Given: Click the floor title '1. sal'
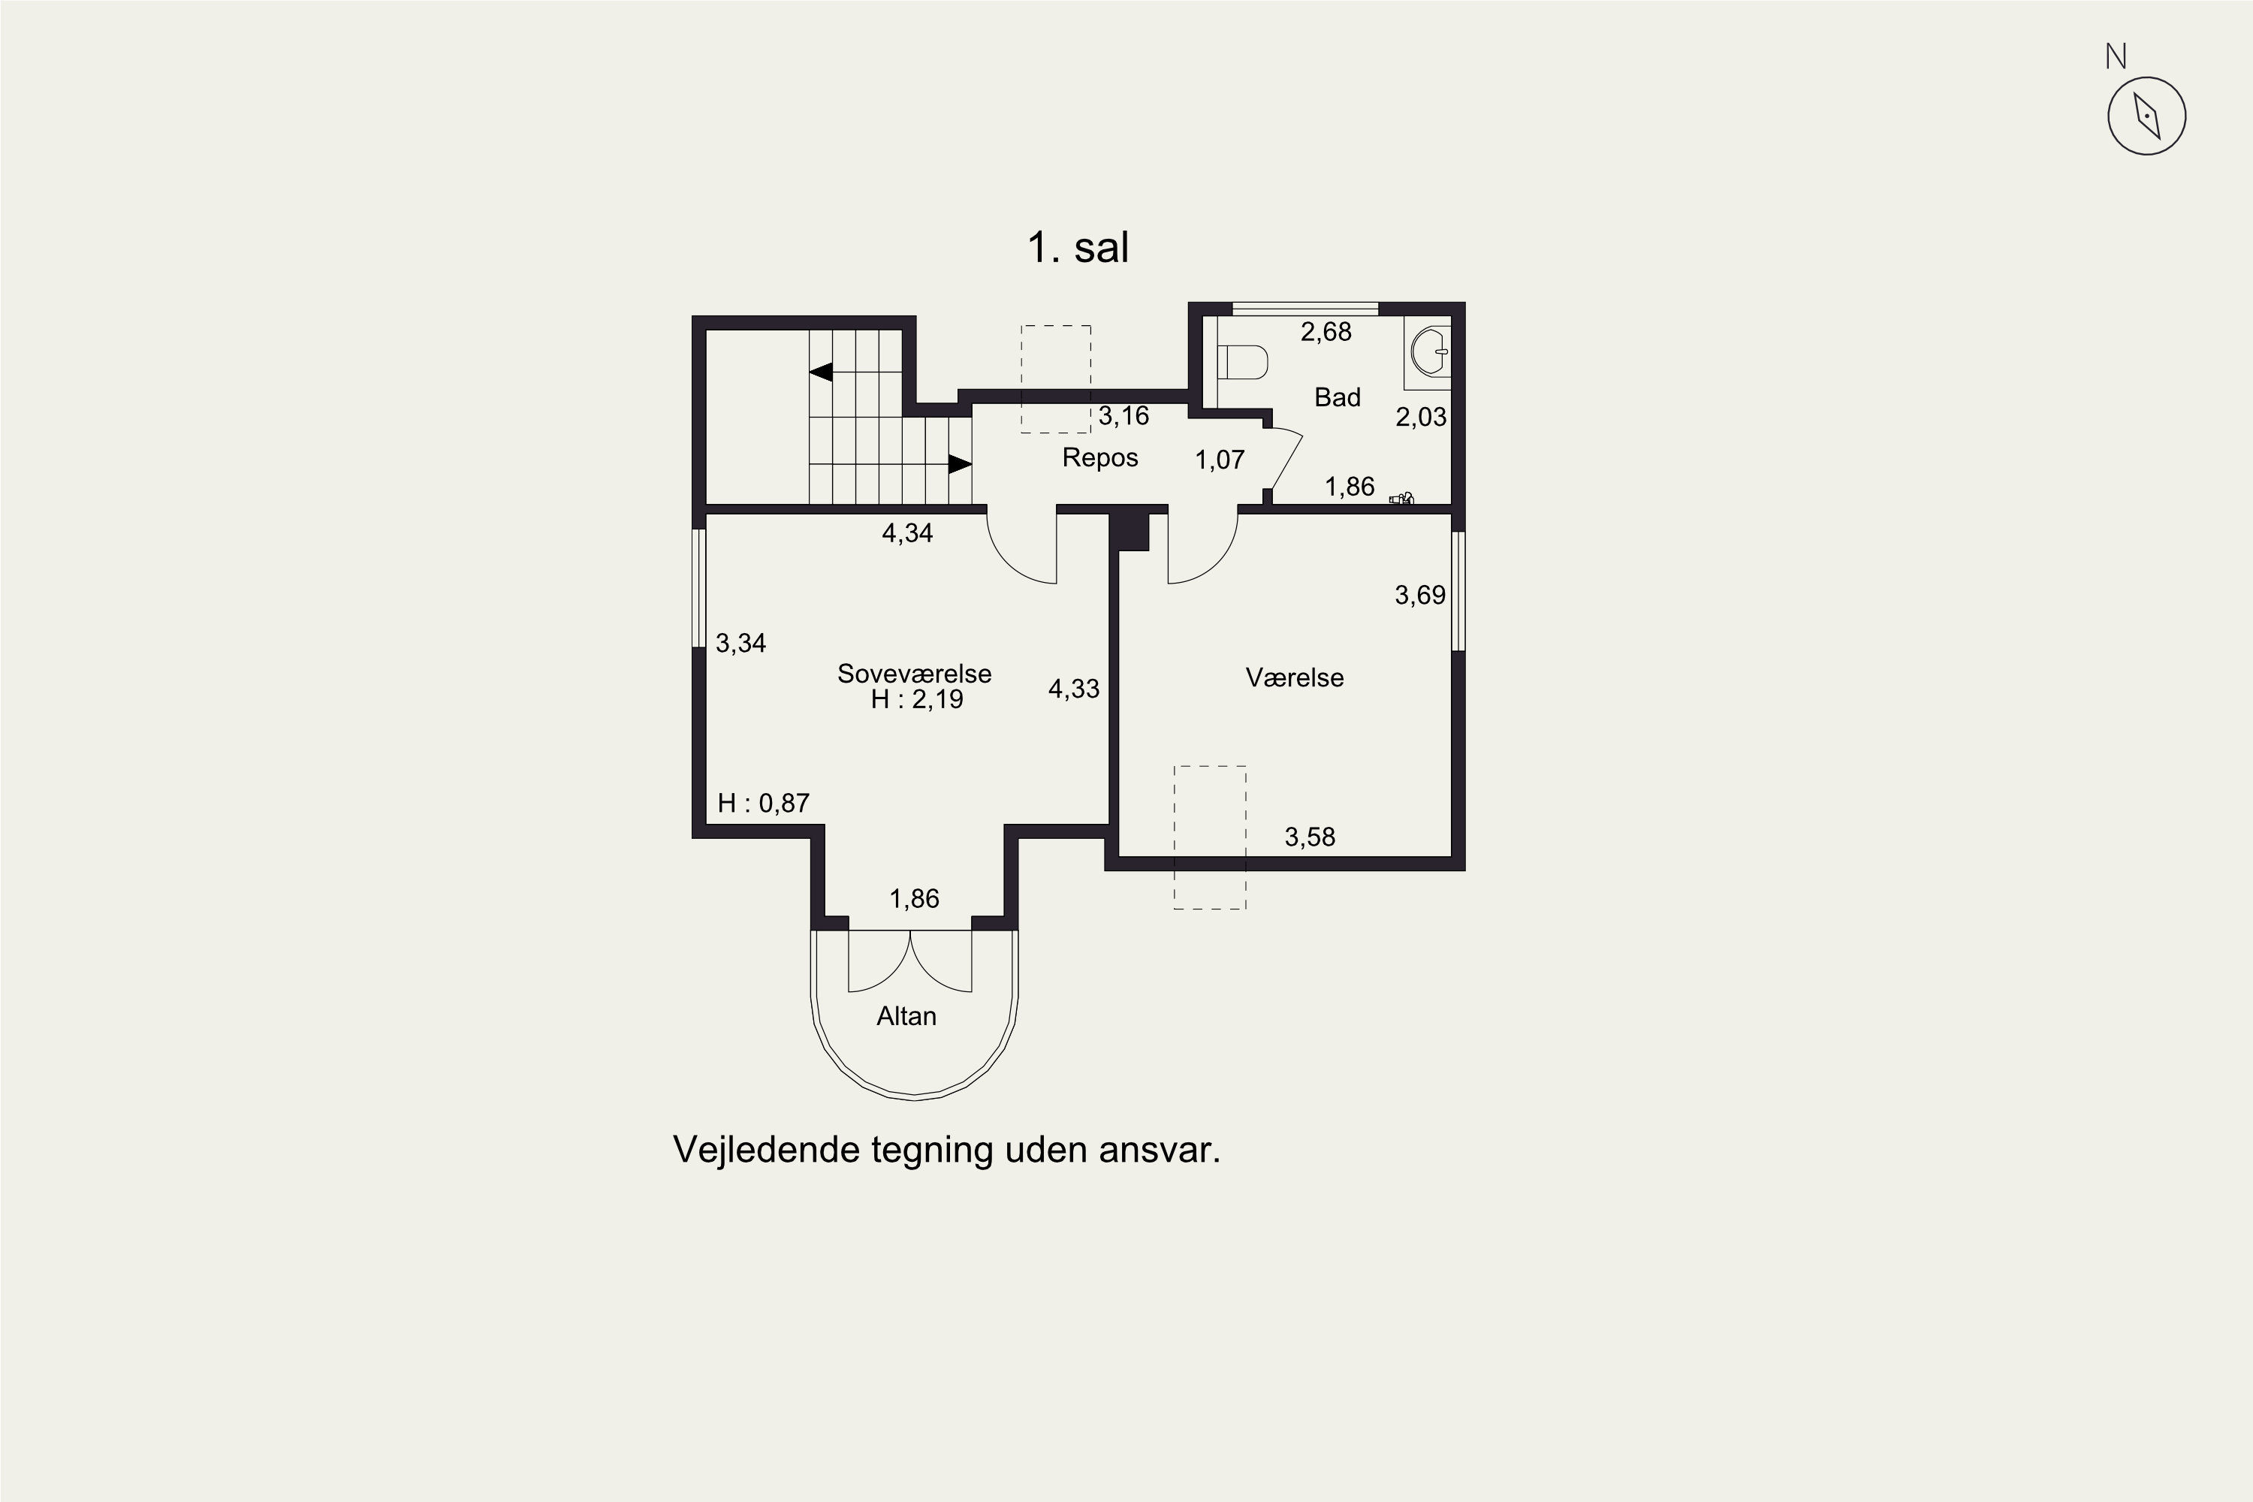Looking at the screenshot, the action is [x=1078, y=247].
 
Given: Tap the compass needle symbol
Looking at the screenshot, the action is [x=2146, y=116].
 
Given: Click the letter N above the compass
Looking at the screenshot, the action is [x=2116, y=58].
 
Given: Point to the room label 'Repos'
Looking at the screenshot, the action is [x=1099, y=458].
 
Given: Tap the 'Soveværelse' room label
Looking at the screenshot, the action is [x=914, y=674].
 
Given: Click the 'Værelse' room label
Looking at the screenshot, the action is [x=1294, y=678].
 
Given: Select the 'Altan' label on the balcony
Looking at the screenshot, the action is [x=906, y=1016].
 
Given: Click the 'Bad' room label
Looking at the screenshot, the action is [x=1338, y=397].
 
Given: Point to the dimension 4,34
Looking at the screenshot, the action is [x=907, y=533].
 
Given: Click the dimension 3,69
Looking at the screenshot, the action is [x=1419, y=596].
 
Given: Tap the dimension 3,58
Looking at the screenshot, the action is [x=1310, y=837].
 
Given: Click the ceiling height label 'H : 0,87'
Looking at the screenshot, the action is [x=764, y=803].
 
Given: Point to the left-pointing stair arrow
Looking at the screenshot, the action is [x=821, y=372].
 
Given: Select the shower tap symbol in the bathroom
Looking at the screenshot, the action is [x=1402, y=498].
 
